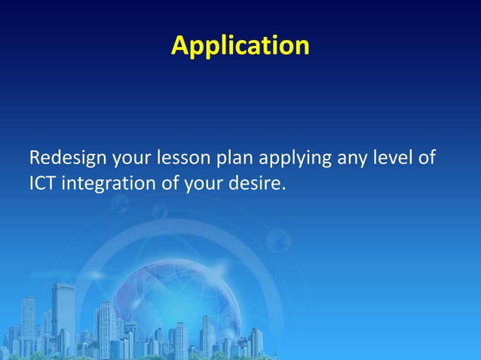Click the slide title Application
(240, 45)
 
